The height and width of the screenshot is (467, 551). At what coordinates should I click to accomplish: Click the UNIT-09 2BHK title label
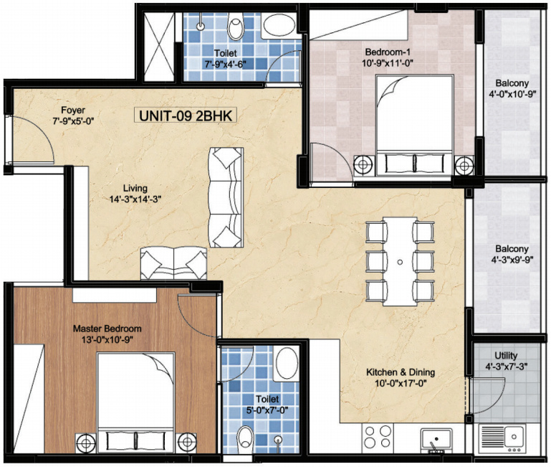[186, 115]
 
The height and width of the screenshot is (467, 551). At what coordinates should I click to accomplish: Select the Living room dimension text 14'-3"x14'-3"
[135, 199]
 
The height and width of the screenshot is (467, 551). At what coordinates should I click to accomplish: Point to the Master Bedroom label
[107, 329]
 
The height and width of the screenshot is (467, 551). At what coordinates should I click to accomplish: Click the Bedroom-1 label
[387, 52]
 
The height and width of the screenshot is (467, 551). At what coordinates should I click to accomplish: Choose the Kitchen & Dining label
[401, 372]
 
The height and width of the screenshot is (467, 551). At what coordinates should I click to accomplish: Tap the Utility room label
[506, 355]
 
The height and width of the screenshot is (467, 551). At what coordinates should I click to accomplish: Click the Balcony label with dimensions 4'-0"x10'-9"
[512, 83]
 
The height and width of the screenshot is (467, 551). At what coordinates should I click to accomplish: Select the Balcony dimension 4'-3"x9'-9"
[512, 260]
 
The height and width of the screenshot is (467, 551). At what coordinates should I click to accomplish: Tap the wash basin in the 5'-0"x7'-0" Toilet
[285, 363]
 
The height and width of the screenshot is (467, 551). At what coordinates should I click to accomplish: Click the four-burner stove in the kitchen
[378, 436]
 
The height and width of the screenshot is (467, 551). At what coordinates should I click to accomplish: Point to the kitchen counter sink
[436, 439]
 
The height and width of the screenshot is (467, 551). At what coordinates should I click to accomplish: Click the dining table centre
[400, 262]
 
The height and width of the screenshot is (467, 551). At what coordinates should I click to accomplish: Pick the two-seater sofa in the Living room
[173, 263]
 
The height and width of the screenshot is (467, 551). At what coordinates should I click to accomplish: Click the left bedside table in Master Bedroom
[86, 442]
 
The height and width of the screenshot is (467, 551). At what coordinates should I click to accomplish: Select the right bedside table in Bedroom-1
[464, 165]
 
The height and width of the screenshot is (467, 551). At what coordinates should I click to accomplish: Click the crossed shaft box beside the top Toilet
[159, 47]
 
